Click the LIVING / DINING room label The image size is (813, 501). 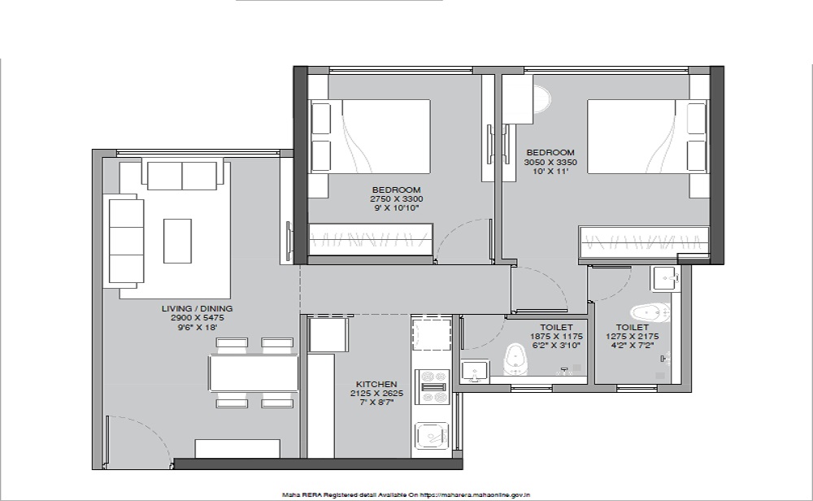tap(197, 308)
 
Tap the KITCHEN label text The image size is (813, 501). tap(376, 385)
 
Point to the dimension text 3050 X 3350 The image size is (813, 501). tap(550, 162)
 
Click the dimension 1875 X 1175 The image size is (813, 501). tap(556, 336)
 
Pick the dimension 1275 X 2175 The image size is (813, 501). tap(632, 336)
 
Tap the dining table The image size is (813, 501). tap(254, 372)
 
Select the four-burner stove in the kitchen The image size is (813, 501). tap(433, 386)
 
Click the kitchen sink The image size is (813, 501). tap(432, 434)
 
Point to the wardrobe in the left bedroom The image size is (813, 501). tap(370, 239)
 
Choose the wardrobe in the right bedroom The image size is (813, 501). tap(643, 242)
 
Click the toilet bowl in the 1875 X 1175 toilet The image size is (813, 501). tap(515, 359)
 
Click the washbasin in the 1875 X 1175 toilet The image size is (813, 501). tap(475, 372)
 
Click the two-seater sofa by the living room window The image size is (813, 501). tap(182, 176)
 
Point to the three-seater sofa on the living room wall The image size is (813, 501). tap(127, 241)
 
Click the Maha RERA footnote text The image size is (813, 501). tap(406, 495)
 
